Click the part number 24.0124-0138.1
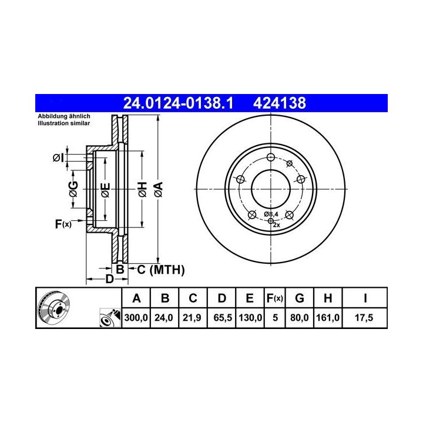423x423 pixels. pos(178,103)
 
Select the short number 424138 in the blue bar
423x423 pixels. pos(280,103)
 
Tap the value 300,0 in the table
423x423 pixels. pos(136,317)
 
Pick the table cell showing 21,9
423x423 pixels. pos(192,317)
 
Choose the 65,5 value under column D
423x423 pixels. pos(223,317)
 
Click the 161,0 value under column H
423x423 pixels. pos(328,317)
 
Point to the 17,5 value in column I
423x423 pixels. pos(364,317)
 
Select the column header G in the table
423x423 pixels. pos(300,298)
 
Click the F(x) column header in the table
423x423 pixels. pos(274,298)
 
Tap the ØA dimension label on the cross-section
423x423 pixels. pos(159,189)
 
